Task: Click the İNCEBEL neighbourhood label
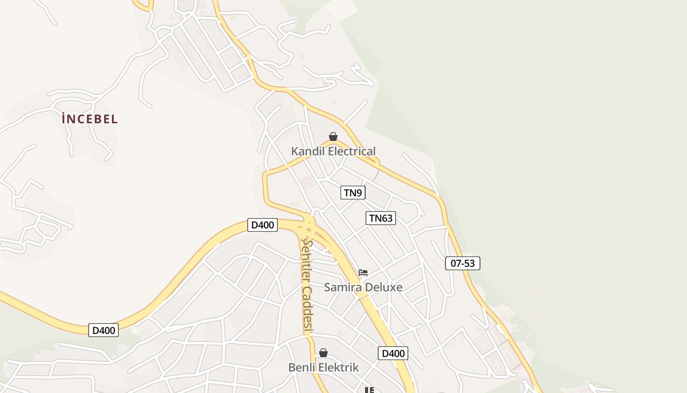coord(90,119)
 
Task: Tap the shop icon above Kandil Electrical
coord(333,137)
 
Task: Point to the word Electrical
coord(352,151)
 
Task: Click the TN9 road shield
coord(353,193)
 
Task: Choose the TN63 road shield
coord(381,218)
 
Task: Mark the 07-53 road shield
coord(463,263)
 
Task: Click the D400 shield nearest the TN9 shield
coord(263,225)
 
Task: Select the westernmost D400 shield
coord(104,330)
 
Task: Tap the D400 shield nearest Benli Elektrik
coord(393,353)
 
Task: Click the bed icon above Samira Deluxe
coord(363,273)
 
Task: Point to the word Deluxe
coord(384,287)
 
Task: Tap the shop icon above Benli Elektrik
coord(323,353)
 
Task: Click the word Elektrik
coord(338,367)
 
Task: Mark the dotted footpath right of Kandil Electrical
coord(376,174)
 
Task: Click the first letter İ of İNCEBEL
coord(64,119)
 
